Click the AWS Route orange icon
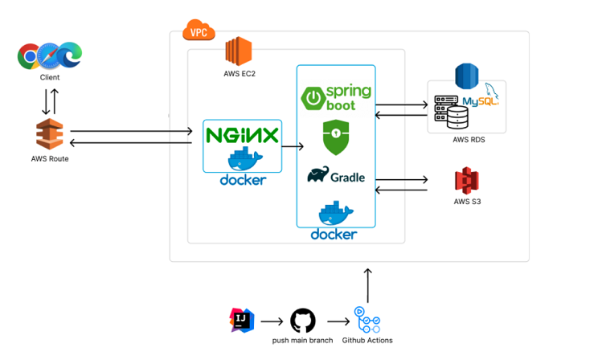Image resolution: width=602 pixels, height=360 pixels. coord(49,134)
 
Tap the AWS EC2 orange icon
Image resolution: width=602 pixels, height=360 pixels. coord(238,51)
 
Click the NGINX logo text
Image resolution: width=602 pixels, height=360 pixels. coord(242,135)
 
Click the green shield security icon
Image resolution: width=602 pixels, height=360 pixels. coord(335,137)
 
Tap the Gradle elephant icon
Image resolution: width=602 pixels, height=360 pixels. coord(318,175)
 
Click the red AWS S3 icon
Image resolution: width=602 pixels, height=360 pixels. coord(466,180)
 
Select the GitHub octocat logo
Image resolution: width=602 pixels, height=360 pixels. coord(302,321)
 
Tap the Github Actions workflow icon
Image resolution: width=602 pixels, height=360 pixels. coord(367,320)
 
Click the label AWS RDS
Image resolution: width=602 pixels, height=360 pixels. coord(469,140)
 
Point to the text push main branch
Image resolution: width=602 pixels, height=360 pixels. coord(302,341)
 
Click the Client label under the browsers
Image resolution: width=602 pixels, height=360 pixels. coord(50,77)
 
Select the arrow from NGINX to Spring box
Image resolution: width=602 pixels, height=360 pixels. coord(293,147)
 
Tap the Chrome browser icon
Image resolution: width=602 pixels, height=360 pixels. coord(29,55)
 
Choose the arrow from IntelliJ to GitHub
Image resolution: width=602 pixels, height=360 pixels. coord(272,321)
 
